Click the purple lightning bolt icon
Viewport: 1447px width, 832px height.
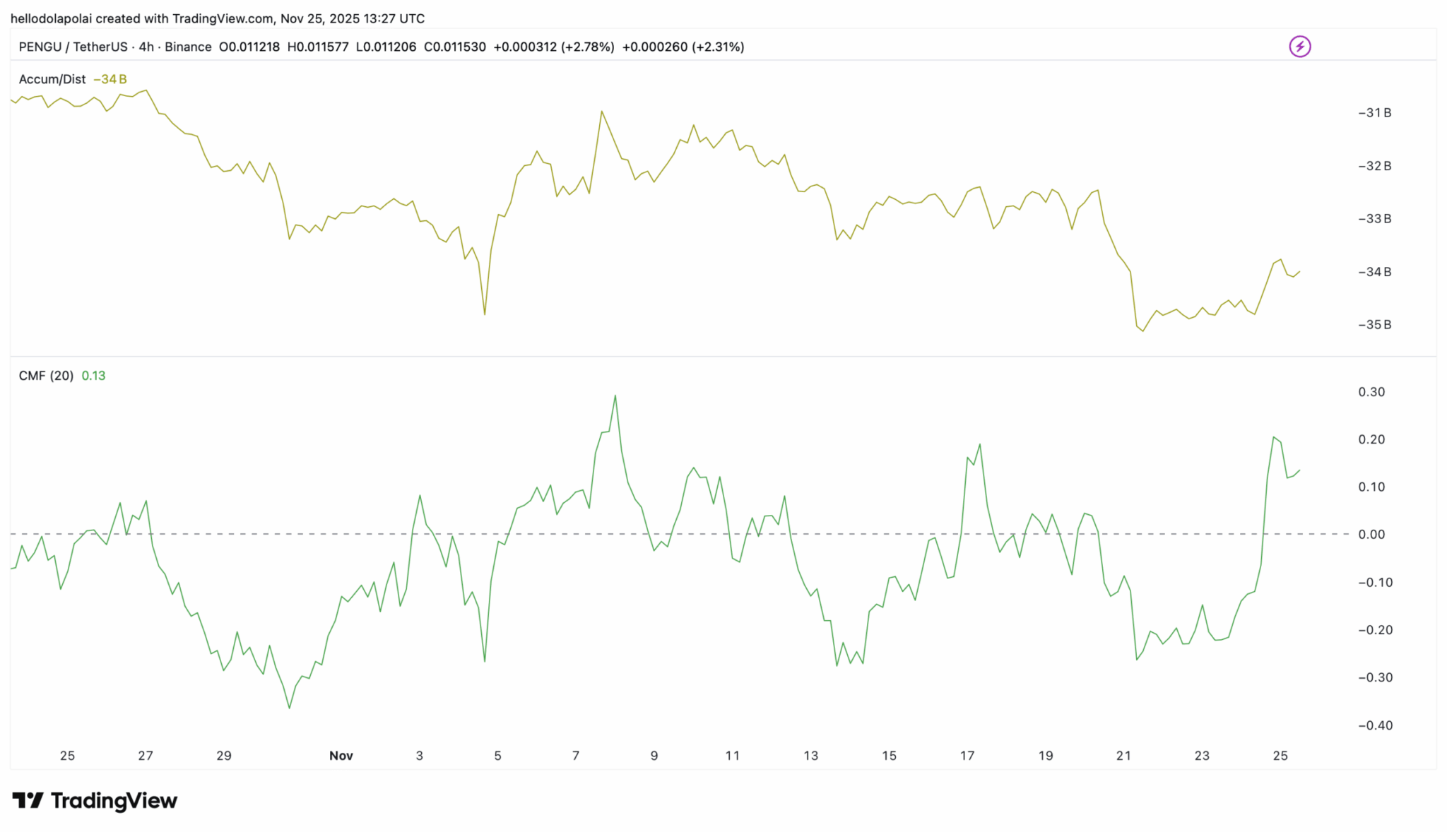[x=1299, y=47]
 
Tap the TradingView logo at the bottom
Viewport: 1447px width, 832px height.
[x=95, y=800]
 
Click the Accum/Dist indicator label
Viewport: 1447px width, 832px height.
[x=52, y=79]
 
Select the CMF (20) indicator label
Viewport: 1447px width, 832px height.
[x=46, y=376]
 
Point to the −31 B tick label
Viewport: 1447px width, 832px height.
[x=1374, y=113]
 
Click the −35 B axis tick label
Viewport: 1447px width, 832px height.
[x=1374, y=325]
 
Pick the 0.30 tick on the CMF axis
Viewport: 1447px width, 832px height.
[x=1371, y=392]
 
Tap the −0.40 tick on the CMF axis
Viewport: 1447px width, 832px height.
[x=1375, y=725]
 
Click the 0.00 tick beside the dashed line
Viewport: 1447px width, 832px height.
[x=1371, y=535]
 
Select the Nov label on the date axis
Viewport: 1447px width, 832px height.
[x=341, y=756]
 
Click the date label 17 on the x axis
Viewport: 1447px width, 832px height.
[x=967, y=756]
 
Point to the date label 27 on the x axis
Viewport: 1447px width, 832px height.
[x=146, y=756]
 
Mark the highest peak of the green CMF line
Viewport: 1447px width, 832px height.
[x=615, y=396]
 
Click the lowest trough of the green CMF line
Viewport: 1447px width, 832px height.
[x=290, y=708]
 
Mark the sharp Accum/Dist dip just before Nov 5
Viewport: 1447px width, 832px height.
[x=485, y=314]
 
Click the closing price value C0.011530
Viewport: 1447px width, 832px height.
[x=454, y=47]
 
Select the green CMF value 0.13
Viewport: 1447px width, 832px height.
[x=93, y=376]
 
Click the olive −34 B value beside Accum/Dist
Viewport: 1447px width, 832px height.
[x=110, y=79]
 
